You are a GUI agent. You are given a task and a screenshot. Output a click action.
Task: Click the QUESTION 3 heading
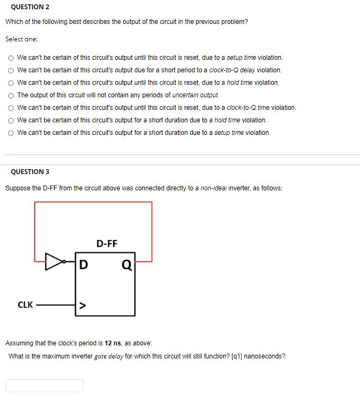coord(30,172)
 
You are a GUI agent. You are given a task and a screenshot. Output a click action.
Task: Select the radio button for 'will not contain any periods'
coord(10,95)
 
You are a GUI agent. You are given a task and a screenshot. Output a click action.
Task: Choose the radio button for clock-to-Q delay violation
coord(10,70)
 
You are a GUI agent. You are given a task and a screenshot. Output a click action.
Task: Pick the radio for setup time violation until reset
coord(10,58)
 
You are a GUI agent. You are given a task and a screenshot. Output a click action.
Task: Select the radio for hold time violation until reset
coord(10,83)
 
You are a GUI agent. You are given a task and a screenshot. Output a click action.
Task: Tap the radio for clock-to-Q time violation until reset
coord(10,108)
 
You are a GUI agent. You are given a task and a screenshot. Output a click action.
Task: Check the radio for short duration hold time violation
coord(10,120)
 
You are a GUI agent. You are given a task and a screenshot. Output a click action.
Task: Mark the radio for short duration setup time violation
coord(10,133)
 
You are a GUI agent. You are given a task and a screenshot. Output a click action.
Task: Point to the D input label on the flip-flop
coord(83,265)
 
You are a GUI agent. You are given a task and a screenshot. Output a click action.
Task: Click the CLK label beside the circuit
coord(26,305)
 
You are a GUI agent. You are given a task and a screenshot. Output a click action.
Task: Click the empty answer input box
coord(45,385)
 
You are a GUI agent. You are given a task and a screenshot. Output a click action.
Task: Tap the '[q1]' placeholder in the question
coord(237,356)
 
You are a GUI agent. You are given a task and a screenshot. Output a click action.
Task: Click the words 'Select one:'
coord(21,39)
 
